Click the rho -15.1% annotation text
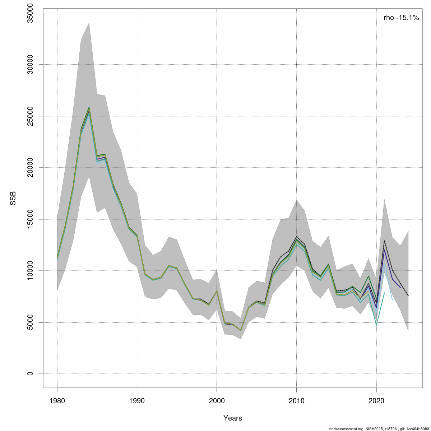401,18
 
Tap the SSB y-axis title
13,199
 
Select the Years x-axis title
233,418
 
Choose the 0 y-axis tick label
31,374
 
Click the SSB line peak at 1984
89,108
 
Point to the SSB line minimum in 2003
241,330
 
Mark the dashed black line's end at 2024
408,296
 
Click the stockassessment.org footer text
379,429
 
